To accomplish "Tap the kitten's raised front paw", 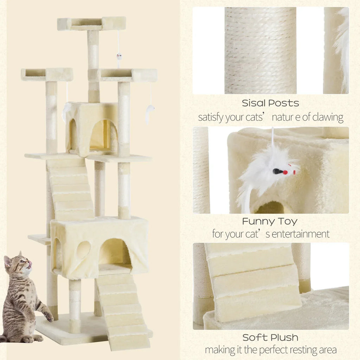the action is (x=49, y=316).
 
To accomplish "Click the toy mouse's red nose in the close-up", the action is (x=285, y=172).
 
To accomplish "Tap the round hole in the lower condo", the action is (x=83, y=250).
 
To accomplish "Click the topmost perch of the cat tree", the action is (x=91, y=24).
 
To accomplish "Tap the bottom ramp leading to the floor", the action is (x=123, y=312).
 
